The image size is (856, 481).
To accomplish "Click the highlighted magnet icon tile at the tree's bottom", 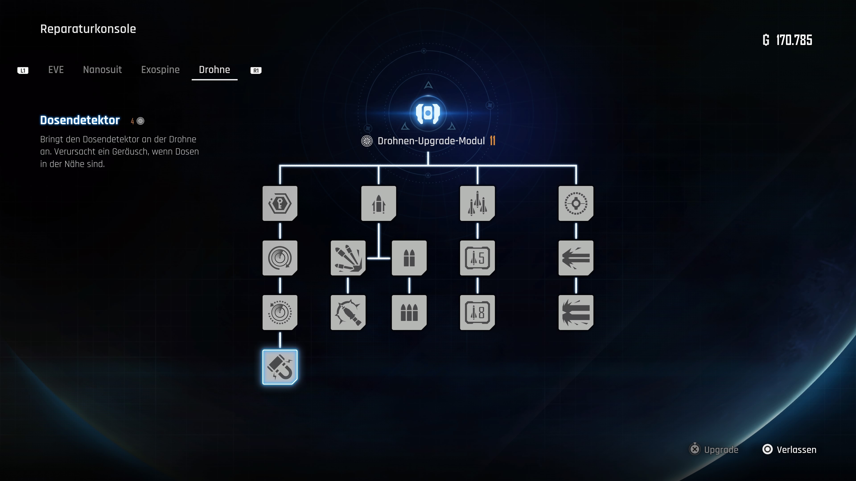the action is click(280, 367).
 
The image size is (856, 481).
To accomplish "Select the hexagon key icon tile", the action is click(280, 203).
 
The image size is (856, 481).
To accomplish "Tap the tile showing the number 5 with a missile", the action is click(477, 258).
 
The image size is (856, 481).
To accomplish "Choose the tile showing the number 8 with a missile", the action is click(477, 312).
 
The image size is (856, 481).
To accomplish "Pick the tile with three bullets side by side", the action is click(409, 312).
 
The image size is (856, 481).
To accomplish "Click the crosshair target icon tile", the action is click(576, 203).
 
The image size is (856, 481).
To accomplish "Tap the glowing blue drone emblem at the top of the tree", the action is click(428, 113).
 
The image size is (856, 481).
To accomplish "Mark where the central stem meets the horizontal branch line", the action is click(428, 165).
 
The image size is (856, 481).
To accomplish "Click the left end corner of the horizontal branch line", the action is click(280, 165).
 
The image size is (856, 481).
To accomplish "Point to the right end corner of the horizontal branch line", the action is click(576, 165).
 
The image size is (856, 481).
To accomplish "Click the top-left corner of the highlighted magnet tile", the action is click(263, 350).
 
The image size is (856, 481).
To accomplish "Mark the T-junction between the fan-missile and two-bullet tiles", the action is click(379, 258).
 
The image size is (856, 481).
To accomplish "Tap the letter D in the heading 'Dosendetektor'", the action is click(44, 120).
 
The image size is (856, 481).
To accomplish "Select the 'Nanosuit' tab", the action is click(102, 70).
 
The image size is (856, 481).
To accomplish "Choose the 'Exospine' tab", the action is click(160, 70).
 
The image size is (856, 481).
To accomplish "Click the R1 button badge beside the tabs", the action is click(256, 70).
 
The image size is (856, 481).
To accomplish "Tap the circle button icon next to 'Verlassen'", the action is click(767, 449).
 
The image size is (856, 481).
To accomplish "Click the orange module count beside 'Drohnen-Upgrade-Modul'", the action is click(492, 141).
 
